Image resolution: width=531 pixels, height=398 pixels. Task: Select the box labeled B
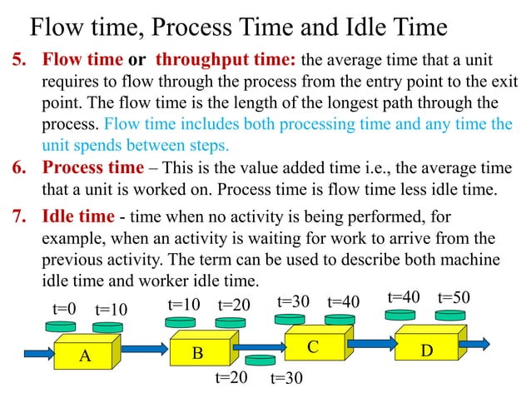tap(197, 351)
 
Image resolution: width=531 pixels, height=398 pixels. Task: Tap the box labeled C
tap(312, 341)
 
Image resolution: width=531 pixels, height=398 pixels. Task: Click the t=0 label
tap(64, 309)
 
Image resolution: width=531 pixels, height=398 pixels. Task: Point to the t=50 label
tap(454, 297)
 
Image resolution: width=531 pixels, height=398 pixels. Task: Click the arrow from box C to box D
tap(370, 341)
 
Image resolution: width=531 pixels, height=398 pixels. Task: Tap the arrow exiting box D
tap(474, 342)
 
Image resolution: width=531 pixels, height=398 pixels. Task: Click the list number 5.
tap(18, 61)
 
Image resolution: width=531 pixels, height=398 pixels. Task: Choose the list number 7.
tap(18, 217)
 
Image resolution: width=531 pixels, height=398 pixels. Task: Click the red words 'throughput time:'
tap(226, 61)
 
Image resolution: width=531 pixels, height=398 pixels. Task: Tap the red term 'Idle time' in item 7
tap(78, 217)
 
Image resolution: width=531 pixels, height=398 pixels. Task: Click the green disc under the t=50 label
tap(454, 316)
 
